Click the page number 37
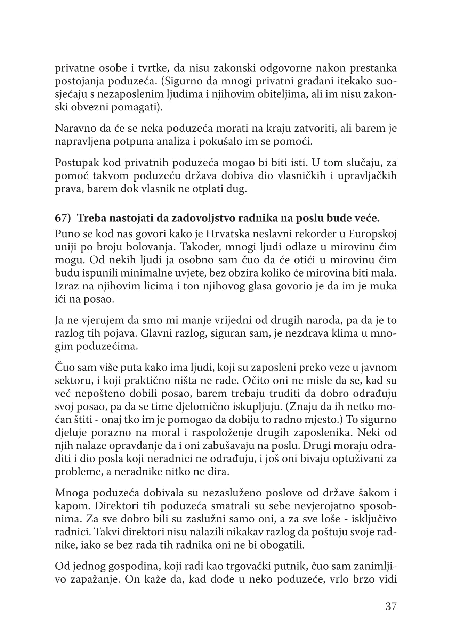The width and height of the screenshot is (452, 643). pos(391,607)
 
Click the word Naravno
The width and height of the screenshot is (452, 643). pos(72,128)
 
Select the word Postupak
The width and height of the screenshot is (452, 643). pos(74,162)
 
